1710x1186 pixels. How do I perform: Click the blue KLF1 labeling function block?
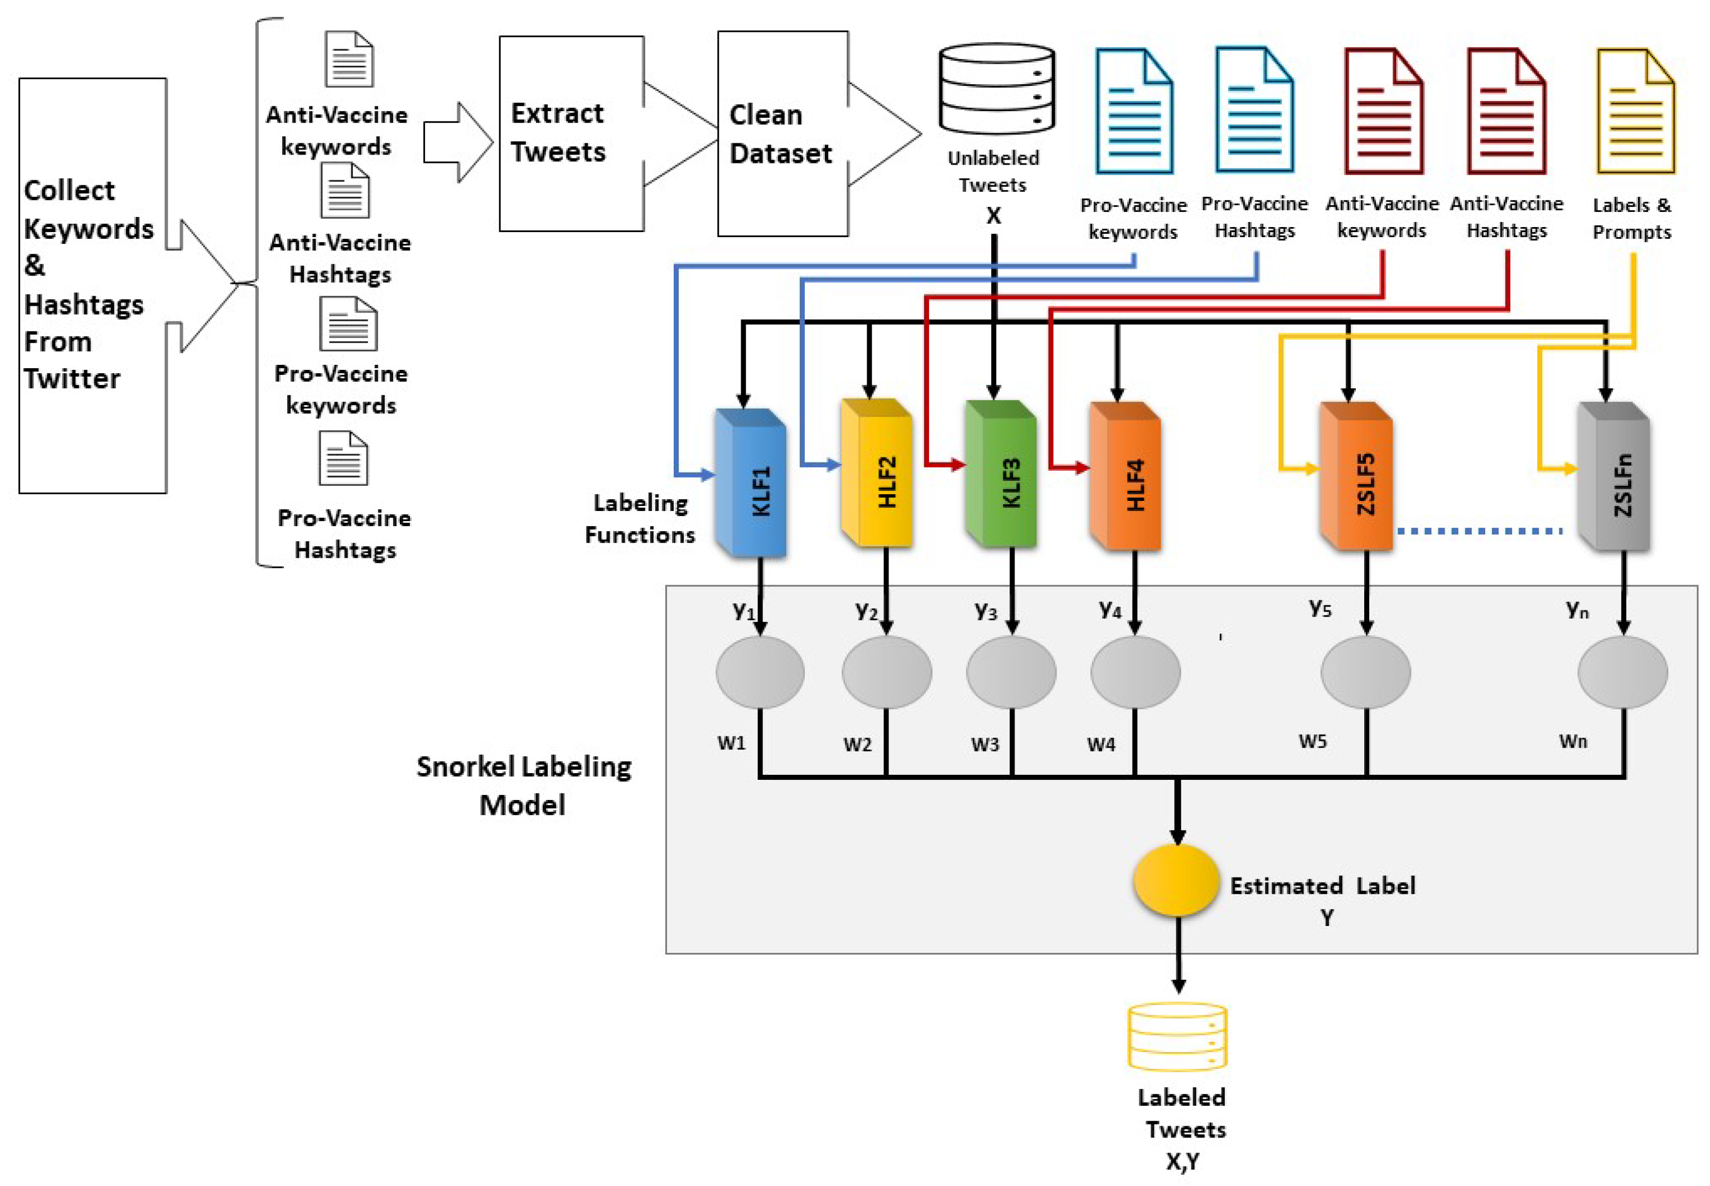tap(750, 483)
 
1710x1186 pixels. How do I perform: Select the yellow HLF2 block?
tap(877, 474)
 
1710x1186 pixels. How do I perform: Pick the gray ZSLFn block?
tap(1614, 477)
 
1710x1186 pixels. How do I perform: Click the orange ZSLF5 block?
tap(1356, 477)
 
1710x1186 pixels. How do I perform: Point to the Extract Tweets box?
tap(571, 134)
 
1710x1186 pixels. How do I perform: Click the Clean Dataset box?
tap(781, 134)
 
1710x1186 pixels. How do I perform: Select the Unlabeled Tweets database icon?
tap(996, 89)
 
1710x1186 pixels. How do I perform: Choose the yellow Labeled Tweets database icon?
tap(1177, 1036)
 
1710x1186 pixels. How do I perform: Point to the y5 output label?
tap(1320, 609)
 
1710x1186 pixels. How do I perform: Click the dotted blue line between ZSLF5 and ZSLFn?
tap(1478, 531)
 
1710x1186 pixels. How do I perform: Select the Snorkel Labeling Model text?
tap(523, 785)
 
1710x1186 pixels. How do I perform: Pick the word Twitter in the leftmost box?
tap(72, 379)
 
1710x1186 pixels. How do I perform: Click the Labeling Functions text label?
tap(640, 519)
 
